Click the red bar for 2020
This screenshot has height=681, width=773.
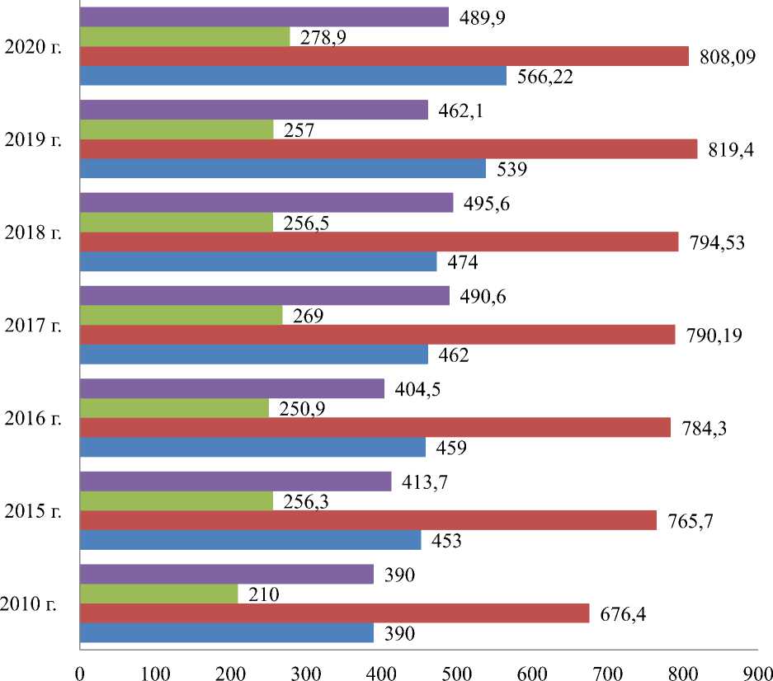pos(384,56)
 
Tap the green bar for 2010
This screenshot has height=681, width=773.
pos(159,594)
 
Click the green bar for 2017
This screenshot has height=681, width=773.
pos(181,315)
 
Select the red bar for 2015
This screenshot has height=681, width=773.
pos(369,520)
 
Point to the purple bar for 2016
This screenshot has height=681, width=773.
pos(233,388)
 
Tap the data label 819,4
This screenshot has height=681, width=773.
pos(725,150)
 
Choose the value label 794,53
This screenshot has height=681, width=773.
pos(716,242)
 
